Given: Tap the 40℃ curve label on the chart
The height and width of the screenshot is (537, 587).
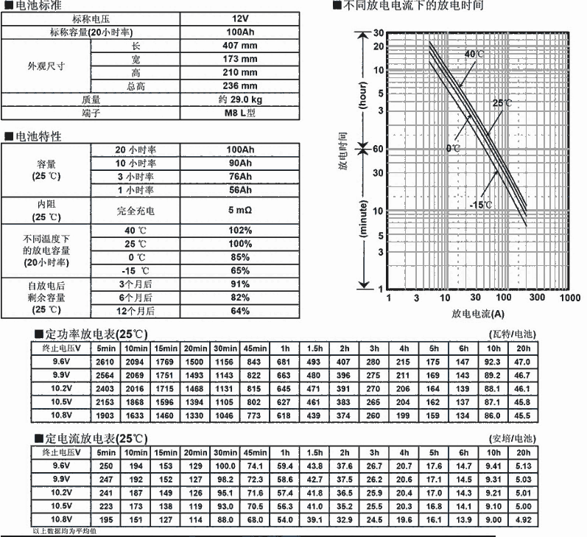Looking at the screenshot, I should pyautogui.click(x=474, y=55).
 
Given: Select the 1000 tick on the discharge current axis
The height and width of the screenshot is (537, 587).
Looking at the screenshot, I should pyautogui.click(x=569, y=298).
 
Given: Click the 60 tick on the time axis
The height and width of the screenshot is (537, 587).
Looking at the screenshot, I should pyautogui.click(x=379, y=149).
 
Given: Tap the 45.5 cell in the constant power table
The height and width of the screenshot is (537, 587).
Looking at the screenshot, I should pyautogui.click(x=523, y=416).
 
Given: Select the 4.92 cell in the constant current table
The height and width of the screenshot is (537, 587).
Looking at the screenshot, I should pyautogui.click(x=523, y=519).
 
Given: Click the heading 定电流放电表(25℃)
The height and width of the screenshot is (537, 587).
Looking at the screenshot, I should pyautogui.click(x=96, y=438).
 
